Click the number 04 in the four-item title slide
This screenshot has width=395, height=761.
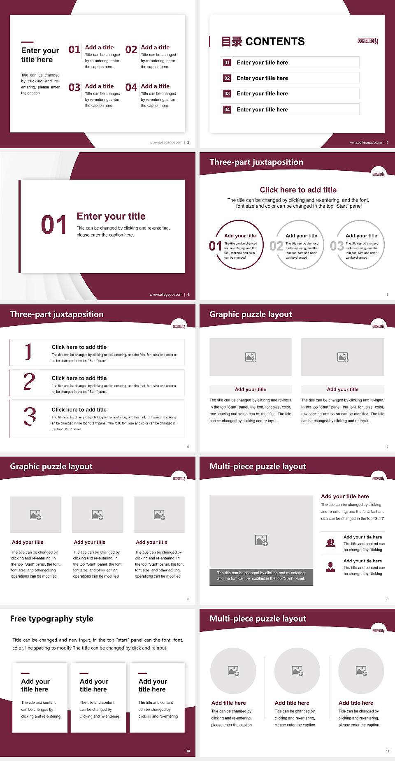coord(131,88)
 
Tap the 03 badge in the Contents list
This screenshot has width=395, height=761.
coord(227,94)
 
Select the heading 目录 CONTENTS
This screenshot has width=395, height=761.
coord(263,42)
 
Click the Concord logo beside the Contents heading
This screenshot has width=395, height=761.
coord(368,41)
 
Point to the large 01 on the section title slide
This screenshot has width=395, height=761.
coord(54,225)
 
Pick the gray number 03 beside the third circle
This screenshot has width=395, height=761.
coord(337,246)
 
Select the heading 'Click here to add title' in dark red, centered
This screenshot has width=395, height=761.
coord(298,190)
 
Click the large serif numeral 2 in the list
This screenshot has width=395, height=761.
coord(29,382)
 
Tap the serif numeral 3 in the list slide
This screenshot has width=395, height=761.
coord(30,416)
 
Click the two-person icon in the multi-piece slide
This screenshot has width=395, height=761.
coord(330,543)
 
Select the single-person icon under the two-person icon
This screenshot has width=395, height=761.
coord(330,567)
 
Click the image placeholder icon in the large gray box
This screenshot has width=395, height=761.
coord(261,540)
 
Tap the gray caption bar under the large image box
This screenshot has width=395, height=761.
coord(261,576)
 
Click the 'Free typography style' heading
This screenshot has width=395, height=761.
coord(52,619)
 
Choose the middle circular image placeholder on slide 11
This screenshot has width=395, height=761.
coord(297,671)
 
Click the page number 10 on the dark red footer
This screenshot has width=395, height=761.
coord(188,751)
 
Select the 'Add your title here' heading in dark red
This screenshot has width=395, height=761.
coord(345,497)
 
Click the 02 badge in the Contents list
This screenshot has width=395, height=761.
coord(227,78)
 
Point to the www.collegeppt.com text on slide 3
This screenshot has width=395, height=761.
coord(365,142)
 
